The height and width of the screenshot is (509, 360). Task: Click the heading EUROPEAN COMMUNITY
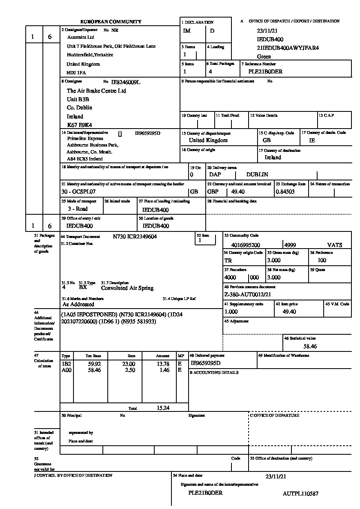[111, 22]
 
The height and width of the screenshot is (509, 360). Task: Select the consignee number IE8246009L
[126, 82]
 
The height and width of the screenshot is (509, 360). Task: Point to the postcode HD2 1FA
[76, 73]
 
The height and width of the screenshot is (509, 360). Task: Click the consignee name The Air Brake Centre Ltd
[96, 91]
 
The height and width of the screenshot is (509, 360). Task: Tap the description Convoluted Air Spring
[127, 288]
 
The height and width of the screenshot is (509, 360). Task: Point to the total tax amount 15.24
[163, 408]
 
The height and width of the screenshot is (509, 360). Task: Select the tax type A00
[66, 370]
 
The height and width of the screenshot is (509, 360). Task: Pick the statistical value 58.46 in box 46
[310, 346]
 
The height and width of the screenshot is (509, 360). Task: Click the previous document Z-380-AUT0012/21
[248, 294]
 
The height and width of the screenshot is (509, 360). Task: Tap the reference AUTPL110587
[300, 493]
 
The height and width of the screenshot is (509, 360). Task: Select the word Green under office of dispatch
[264, 56]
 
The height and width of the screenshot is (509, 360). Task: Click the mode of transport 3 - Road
[78, 209]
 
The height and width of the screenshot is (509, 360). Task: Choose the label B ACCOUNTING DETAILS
[214, 373]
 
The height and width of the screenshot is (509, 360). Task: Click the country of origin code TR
[228, 260]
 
